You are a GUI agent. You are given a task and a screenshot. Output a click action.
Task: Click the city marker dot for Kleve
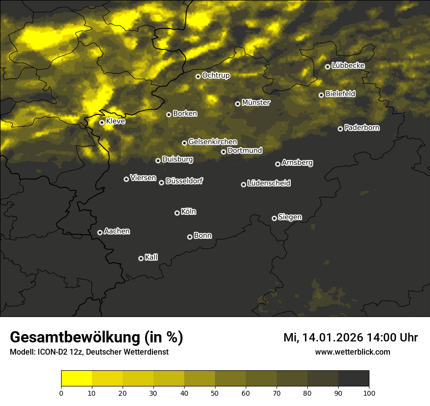click(102, 122)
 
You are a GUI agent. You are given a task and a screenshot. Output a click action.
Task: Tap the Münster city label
click(256, 103)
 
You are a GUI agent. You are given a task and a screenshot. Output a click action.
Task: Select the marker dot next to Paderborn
click(340, 129)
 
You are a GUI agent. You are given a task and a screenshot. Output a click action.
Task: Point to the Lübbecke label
click(348, 66)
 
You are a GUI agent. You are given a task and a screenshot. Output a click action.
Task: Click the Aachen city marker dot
click(100, 232)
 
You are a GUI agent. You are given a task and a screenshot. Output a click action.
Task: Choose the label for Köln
click(189, 212)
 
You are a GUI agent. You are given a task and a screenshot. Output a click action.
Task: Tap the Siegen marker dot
click(274, 218)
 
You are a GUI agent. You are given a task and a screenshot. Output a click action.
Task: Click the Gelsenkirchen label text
click(213, 142)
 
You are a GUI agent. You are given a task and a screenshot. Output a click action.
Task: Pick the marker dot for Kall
click(141, 258)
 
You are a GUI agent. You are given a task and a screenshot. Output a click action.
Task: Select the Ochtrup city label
click(216, 75)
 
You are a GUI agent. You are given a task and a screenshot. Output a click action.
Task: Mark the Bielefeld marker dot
click(321, 95)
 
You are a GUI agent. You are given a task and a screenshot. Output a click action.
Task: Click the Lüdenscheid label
click(269, 183)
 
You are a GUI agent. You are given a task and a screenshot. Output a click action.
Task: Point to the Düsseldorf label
click(184, 181)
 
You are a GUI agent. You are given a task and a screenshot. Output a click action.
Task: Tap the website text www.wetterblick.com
click(353, 352)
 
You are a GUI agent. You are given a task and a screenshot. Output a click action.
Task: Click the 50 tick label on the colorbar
click(215, 393)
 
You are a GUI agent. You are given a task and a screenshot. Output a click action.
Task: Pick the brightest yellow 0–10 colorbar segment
click(76, 378)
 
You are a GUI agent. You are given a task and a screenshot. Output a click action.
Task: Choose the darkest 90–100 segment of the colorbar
click(353, 378)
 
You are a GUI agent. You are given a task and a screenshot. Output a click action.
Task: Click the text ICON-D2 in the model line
click(49, 352)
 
